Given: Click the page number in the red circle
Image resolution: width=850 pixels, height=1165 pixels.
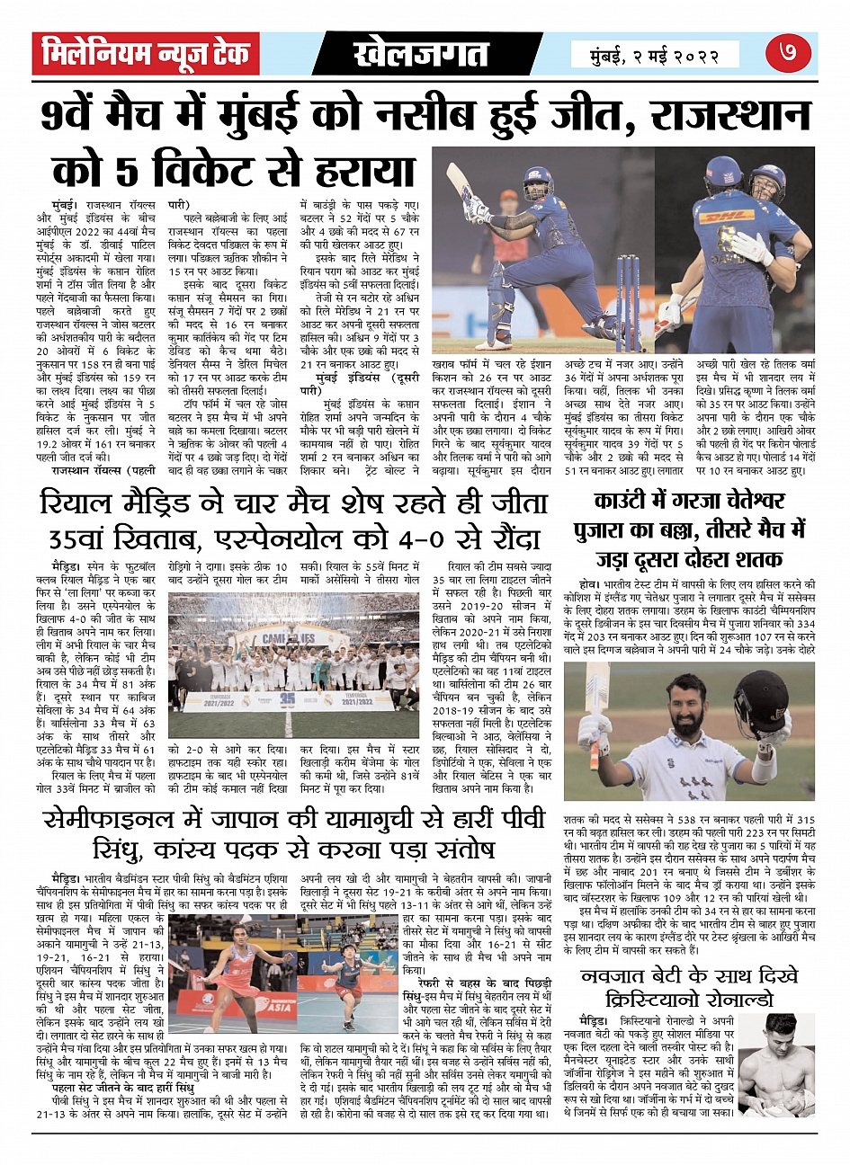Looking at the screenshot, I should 788,54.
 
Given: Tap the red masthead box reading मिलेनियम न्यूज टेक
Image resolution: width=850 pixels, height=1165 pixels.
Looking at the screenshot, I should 147,54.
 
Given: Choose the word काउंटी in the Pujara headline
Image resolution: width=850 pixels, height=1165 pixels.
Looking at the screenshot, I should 630,501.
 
